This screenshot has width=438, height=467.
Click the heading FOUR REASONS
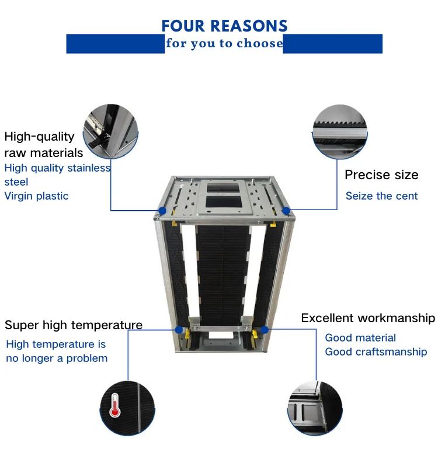[224, 26]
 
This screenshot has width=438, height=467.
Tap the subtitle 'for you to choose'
[224, 44]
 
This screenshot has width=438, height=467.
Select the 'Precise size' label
[381, 175]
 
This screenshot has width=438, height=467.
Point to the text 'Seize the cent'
[381, 196]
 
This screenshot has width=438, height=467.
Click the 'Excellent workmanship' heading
[368, 318]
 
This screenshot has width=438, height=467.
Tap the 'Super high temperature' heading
[74, 325]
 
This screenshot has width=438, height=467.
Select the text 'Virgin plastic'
[36, 196]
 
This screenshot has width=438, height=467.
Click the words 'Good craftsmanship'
[376, 352]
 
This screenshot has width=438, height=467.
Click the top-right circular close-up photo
[339, 131]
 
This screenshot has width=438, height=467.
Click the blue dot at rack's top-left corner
[162, 210]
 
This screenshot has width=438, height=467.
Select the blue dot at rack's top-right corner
[286, 210]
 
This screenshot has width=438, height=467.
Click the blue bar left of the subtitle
[115, 44]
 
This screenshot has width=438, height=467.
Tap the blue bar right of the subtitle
[333, 44]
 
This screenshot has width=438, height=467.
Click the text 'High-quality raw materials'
[44, 145]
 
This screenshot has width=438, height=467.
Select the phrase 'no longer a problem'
[57, 358]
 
